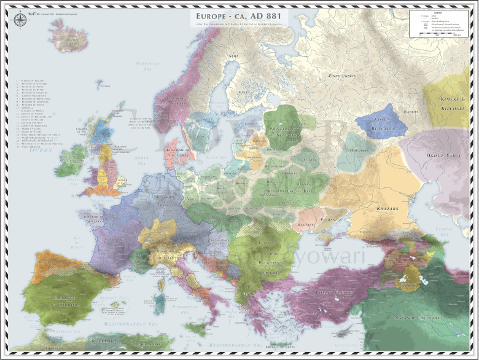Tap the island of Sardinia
pyautogui.click(x=159, y=302)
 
